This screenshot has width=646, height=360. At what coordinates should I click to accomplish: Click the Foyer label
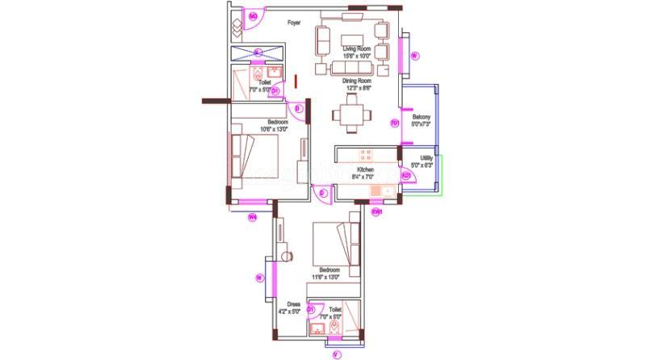[x=294, y=23]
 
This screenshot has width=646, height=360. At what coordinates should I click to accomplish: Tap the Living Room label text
[x=356, y=49]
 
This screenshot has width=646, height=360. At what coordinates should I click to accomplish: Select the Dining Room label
[x=356, y=81]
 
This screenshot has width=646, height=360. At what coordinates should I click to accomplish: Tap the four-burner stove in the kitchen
[x=365, y=153]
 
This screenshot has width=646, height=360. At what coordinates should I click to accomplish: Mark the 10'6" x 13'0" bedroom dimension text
[x=274, y=129]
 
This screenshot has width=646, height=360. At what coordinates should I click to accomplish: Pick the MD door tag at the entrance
[x=253, y=16]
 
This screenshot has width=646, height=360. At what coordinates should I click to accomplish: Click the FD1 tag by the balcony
[x=395, y=123]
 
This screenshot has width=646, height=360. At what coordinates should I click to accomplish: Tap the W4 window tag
[x=252, y=216]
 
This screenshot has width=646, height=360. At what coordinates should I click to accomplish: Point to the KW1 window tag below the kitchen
[x=375, y=212]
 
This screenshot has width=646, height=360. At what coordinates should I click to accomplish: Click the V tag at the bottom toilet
[x=337, y=354]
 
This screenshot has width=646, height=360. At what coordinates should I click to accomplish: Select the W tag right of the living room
[x=413, y=56]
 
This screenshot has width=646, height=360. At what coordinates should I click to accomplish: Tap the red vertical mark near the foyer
[x=296, y=81]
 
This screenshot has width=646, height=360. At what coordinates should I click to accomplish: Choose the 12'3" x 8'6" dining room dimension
[x=356, y=87]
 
